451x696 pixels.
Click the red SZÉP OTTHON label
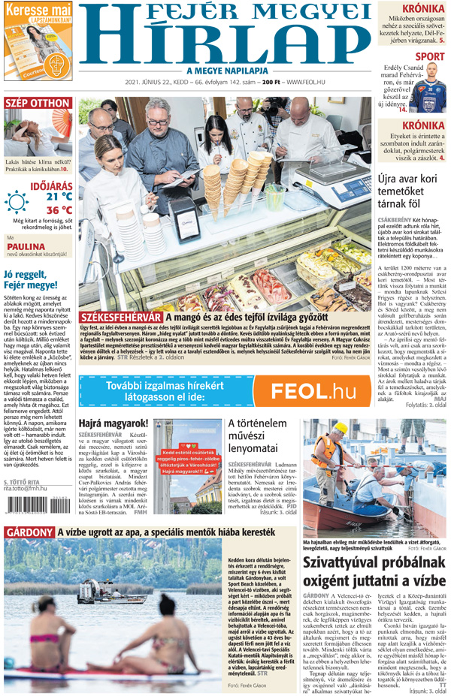point(38,104)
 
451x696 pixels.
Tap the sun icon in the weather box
point(16,202)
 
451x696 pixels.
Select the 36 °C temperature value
point(59,210)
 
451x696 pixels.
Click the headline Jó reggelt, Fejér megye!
point(31,279)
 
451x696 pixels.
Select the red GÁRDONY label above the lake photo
point(29,532)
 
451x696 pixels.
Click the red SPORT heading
point(429,56)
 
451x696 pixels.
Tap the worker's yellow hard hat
point(341,427)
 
